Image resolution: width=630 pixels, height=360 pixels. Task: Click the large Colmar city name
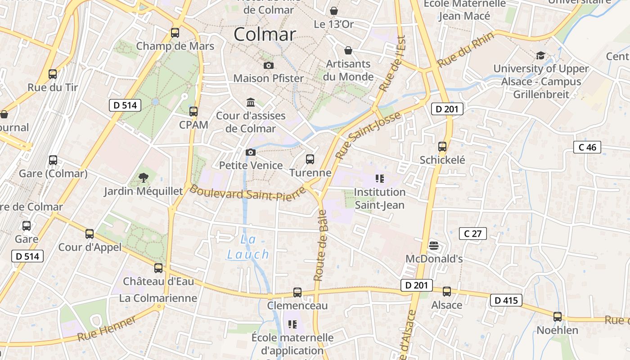(265, 35)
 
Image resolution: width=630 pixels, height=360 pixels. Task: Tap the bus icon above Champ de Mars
(175, 33)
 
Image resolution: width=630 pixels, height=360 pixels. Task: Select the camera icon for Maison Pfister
(269, 66)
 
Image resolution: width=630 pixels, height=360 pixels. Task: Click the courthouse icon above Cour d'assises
(251, 103)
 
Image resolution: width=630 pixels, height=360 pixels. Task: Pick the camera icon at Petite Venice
(251, 152)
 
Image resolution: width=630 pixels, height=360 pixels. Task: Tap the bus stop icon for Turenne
(310, 159)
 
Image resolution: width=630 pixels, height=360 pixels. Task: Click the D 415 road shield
(506, 300)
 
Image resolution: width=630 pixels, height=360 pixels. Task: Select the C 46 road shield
(587, 147)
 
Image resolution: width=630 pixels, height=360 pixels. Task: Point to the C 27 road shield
(473, 234)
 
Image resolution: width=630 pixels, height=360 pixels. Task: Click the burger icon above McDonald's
(434, 246)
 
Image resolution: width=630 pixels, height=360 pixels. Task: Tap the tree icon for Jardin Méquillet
(144, 178)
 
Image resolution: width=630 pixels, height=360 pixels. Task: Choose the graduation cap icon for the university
(540, 55)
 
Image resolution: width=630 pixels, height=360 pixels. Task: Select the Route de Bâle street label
(321, 245)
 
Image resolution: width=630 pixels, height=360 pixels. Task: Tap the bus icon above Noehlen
(558, 317)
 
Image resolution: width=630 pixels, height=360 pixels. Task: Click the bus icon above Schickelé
(442, 147)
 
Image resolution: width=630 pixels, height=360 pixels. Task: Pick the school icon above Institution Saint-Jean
(380, 179)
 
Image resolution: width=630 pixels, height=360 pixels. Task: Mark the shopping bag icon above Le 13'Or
(334, 11)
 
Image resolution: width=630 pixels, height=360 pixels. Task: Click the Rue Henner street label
(107, 328)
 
